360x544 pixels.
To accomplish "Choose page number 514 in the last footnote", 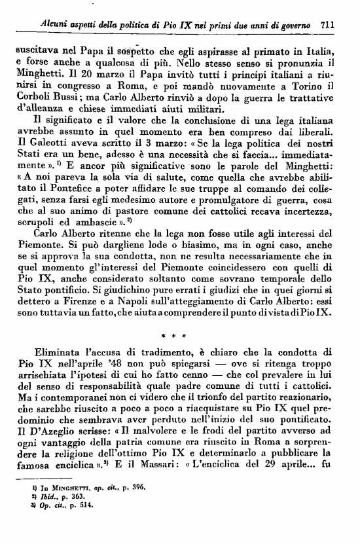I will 85,524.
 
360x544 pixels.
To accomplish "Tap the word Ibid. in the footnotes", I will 41,517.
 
